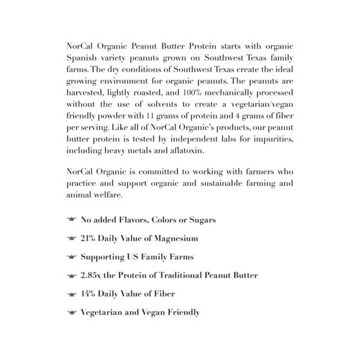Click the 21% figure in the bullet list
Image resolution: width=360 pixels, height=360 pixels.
[x=91, y=238]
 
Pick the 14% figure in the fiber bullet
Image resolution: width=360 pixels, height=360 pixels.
[x=90, y=294]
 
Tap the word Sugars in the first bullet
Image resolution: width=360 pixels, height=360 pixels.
[x=200, y=220]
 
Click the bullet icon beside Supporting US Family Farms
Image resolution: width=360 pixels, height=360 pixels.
[x=71, y=257]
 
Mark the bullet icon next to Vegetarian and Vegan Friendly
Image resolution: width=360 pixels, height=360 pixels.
[x=71, y=313]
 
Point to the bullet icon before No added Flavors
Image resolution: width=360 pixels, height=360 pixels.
[x=71, y=220]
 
